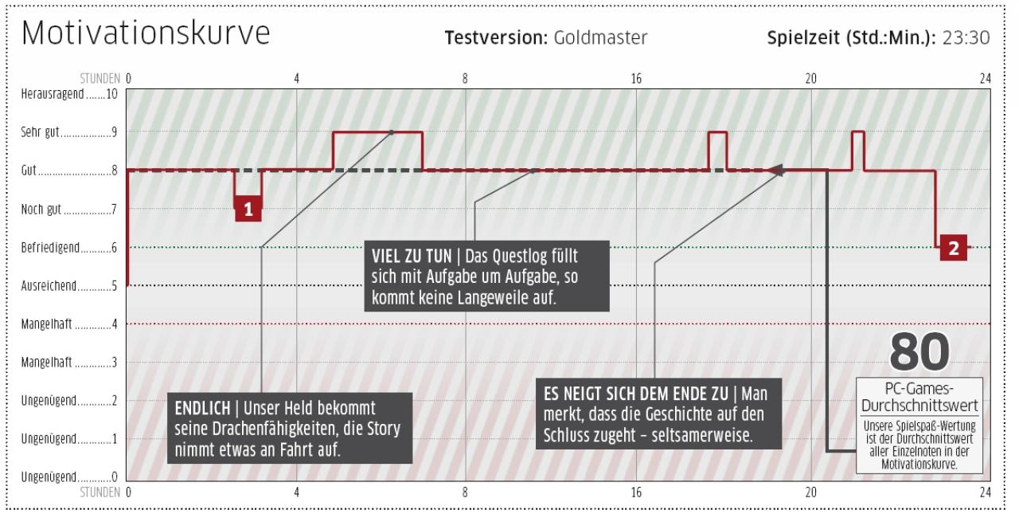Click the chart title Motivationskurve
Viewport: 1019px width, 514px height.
click(146, 33)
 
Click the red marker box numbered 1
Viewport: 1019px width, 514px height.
click(248, 209)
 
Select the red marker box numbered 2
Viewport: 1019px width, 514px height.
click(954, 248)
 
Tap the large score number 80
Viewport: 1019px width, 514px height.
click(919, 352)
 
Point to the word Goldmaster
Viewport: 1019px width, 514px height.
click(600, 37)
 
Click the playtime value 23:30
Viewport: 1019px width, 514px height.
click(966, 37)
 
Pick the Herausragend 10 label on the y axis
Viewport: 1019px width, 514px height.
click(69, 94)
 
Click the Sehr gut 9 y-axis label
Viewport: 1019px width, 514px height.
click(69, 132)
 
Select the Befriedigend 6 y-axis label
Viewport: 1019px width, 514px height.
click(69, 248)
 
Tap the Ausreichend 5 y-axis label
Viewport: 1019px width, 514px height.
click(69, 286)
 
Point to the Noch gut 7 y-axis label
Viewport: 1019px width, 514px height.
click(69, 210)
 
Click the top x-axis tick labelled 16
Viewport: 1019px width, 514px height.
click(636, 79)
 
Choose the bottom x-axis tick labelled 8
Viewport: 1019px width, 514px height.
click(465, 492)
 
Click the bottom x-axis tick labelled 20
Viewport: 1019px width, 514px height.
click(811, 492)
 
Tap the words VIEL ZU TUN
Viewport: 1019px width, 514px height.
click(412, 257)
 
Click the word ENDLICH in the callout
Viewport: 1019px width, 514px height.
click(203, 408)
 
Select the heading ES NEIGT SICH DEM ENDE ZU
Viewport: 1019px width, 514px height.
click(636, 394)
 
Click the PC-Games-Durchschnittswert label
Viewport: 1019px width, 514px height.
click(919, 397)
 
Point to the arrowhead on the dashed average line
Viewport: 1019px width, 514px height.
click(776, 171)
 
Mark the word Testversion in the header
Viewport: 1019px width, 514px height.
click(496, 37)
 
